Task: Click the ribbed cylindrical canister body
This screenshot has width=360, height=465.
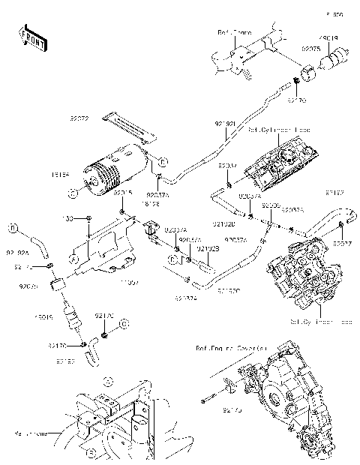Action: click(x=116, y=169)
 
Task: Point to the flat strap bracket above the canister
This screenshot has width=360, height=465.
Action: click(x=129, y=125)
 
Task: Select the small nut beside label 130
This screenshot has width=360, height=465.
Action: click(x=89, y=218)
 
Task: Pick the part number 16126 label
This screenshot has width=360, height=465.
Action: click(x=151, y=202)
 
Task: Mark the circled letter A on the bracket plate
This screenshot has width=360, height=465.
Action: click(x=73, y=258)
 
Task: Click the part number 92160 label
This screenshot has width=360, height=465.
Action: click(x=65, y=361)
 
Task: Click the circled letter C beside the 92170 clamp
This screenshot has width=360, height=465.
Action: click(x=125, y=323)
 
